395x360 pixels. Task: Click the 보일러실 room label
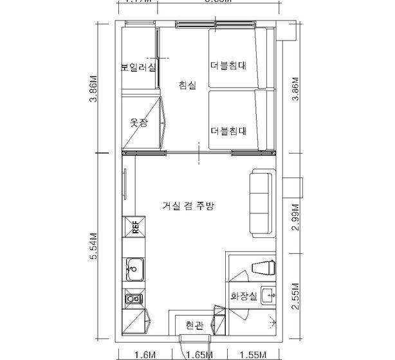coord(138,67)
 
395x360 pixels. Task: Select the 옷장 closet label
coord(138,122)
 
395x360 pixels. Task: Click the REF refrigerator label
coord(136,226)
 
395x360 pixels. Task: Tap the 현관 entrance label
coord(193,325)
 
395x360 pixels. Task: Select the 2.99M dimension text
coord(295,221)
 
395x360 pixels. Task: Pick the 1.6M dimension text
coord(147,354)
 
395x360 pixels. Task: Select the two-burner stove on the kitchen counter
coord(134,298)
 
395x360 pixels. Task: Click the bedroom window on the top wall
coord(199,26)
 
